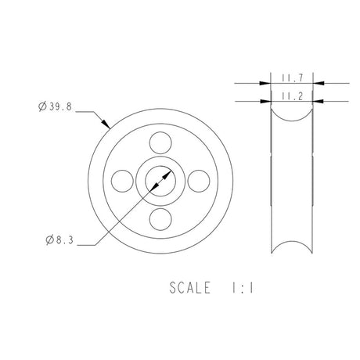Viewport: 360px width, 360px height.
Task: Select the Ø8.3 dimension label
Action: click(56, 242)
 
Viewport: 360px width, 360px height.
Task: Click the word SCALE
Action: click(189, 288)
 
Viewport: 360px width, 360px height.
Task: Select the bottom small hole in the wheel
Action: click(160, 218)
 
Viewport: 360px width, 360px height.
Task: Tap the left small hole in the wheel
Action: click(122, 181)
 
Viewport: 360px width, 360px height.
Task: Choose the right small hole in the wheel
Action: click(197, 181)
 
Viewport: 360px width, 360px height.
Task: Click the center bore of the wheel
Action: click(160, 181)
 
